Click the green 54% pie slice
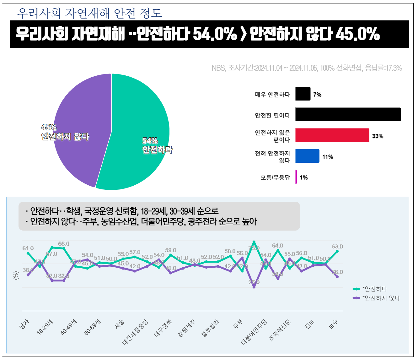pos(141,126)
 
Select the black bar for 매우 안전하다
pos(303,94)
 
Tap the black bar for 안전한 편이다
pos(348,115)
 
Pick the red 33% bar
pos(332,135)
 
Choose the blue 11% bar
pos(307,156)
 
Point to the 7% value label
pos(317,95)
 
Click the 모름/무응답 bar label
pos(275,178)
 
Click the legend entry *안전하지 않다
pos(381,298)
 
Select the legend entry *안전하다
pos(375,289)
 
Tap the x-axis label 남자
pos(24,324)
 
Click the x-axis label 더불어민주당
pos(254,332)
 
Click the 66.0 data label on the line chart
pos(64,244)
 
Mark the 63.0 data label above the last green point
pos(337,247)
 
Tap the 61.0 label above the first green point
pos(28,248)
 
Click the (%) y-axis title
pos(16,275)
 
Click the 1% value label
pos(304,178)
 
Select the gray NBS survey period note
pos(307,68)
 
